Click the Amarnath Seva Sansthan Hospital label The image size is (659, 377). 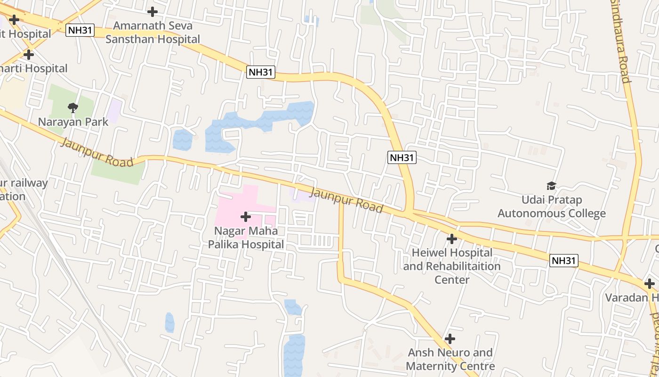(x=153, y=32)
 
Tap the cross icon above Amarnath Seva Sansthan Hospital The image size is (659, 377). (x=153, y=12)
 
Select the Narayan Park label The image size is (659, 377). (x=73, y=122)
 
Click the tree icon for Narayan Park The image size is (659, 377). (x=73, y=108)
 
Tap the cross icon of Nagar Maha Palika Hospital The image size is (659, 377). (x=245, y=217)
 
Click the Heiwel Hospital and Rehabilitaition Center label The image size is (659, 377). (x=452, y=266)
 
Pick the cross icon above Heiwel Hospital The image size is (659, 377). (x=452, y=239)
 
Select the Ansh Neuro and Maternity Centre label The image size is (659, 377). (x=450, y=359)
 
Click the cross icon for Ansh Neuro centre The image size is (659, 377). (x=450, y=339)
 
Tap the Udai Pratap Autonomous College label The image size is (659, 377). (x=551, y=207)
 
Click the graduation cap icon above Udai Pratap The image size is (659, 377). (x=551, y=186)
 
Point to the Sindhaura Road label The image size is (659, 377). (x=620, y=42)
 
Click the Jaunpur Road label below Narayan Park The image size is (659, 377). (x=97, y=153)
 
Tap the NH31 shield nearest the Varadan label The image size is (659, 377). (x=564, y=261)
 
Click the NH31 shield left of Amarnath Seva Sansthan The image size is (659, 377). (x=80, y=31)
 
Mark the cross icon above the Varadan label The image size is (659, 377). (x=650, y=284)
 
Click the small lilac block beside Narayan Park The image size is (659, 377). (x=113, y=111)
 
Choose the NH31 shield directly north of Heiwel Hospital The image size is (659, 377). (x=402, y=157)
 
